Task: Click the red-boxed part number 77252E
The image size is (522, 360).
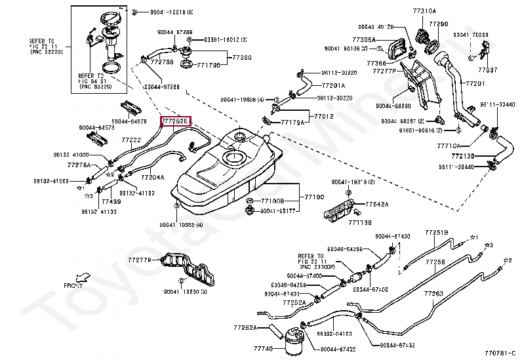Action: pos(176,121)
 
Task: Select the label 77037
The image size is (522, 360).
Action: pos(487,69)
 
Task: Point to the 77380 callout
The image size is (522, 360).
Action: pos(241,58)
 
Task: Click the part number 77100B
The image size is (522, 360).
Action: pos(271,200)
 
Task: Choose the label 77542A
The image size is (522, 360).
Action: pos(376,205)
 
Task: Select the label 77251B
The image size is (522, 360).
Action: pos(436,233)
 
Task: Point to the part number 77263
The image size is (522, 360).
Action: pos(434,293)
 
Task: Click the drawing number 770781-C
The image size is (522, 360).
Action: pos(501,353)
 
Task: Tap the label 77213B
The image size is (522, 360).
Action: pos(464,157)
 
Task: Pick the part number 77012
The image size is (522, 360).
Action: pos(324,116)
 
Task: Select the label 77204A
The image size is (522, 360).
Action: pos(152,178)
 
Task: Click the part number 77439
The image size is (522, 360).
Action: pos(111,202)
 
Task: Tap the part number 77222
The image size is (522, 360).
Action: pos(131,140)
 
